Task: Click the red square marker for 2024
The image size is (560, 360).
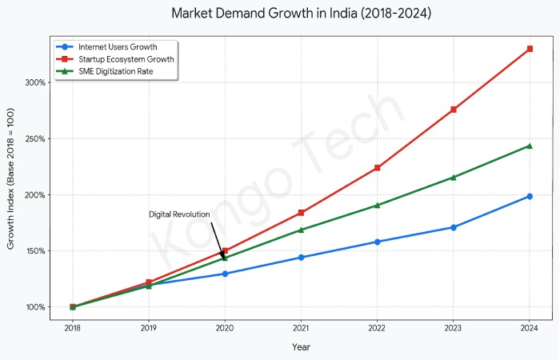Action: click(x=530, y=49)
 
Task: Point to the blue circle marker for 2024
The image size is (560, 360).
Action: click(x=530, y=196)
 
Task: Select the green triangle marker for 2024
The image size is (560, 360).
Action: click(x=530, y=146)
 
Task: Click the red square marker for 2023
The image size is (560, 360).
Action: click(x=454, y=110)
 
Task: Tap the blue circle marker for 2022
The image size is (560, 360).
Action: click(x=378, y=242)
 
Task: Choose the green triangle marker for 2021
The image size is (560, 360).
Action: click(x=301, y=230)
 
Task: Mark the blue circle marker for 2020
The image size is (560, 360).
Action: click(x=225, y=274)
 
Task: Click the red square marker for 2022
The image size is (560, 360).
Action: click(x=378, y=168)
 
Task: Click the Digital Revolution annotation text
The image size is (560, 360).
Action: click(x=179, y=214)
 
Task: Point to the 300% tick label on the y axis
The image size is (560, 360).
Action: click(x=36, y=82)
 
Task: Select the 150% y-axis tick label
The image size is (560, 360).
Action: click(x=36, y=251)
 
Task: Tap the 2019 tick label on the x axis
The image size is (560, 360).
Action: click(x=149, y=328)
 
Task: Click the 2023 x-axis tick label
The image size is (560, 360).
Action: click(x=454, y=328)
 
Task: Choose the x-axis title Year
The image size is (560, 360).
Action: click(x=301, y=347)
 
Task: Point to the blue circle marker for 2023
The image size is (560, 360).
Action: click(x=454, y=227)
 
